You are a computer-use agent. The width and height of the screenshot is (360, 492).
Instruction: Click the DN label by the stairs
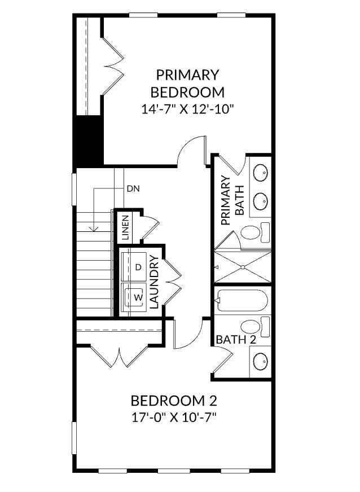point(133,188)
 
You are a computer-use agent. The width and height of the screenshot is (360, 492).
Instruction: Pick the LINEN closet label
point(125,228)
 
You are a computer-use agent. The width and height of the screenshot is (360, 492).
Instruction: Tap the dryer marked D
point(137,267)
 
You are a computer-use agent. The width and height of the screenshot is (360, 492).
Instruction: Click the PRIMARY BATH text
point(232,201)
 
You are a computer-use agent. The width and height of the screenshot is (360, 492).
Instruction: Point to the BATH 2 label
point(236,340)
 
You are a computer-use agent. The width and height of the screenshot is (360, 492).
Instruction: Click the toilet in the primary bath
point(254,232)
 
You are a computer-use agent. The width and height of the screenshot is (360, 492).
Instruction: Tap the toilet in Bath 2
point(254,326)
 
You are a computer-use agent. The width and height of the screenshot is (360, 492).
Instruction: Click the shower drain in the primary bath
point(242,266)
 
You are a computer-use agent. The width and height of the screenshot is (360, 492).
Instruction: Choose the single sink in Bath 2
point(260,361)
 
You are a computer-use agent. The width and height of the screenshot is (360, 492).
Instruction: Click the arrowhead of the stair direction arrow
point(95,229)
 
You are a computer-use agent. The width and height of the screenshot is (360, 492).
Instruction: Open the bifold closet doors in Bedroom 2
point(120,355)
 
